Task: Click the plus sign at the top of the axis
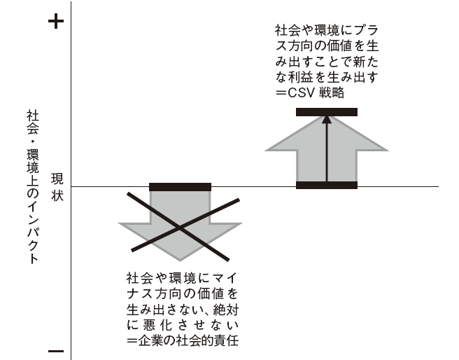56,21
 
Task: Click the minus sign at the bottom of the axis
56,351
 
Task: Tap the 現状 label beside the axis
57,187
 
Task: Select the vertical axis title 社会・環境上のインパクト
32,187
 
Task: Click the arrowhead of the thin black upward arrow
327,120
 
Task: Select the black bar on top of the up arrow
327,112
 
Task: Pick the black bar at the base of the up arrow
327,185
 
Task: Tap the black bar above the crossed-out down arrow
180,187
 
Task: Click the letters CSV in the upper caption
302,93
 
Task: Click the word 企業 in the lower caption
150,340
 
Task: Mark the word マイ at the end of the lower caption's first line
225,278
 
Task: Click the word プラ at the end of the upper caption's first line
366,30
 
